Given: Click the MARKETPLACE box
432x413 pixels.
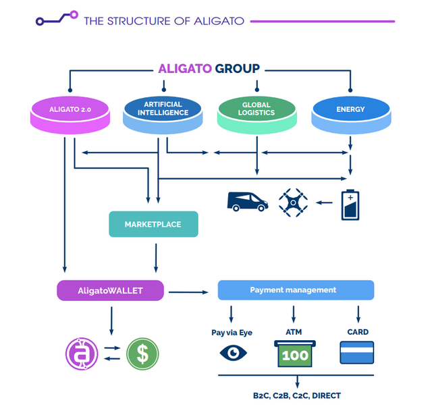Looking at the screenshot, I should [153, 224].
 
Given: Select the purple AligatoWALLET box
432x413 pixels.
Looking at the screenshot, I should [110, 290].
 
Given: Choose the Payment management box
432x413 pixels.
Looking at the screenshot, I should [295, 290].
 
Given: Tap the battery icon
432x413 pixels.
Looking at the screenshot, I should [350, 204].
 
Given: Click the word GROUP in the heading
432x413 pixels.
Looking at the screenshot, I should [237, 69].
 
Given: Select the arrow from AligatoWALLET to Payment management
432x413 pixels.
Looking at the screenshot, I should [189, 292].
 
